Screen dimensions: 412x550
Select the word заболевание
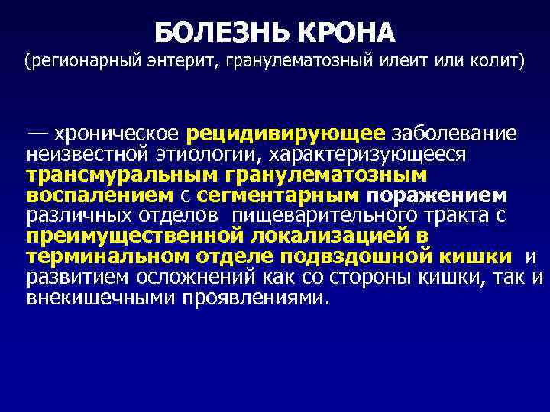(x=455, y=134)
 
